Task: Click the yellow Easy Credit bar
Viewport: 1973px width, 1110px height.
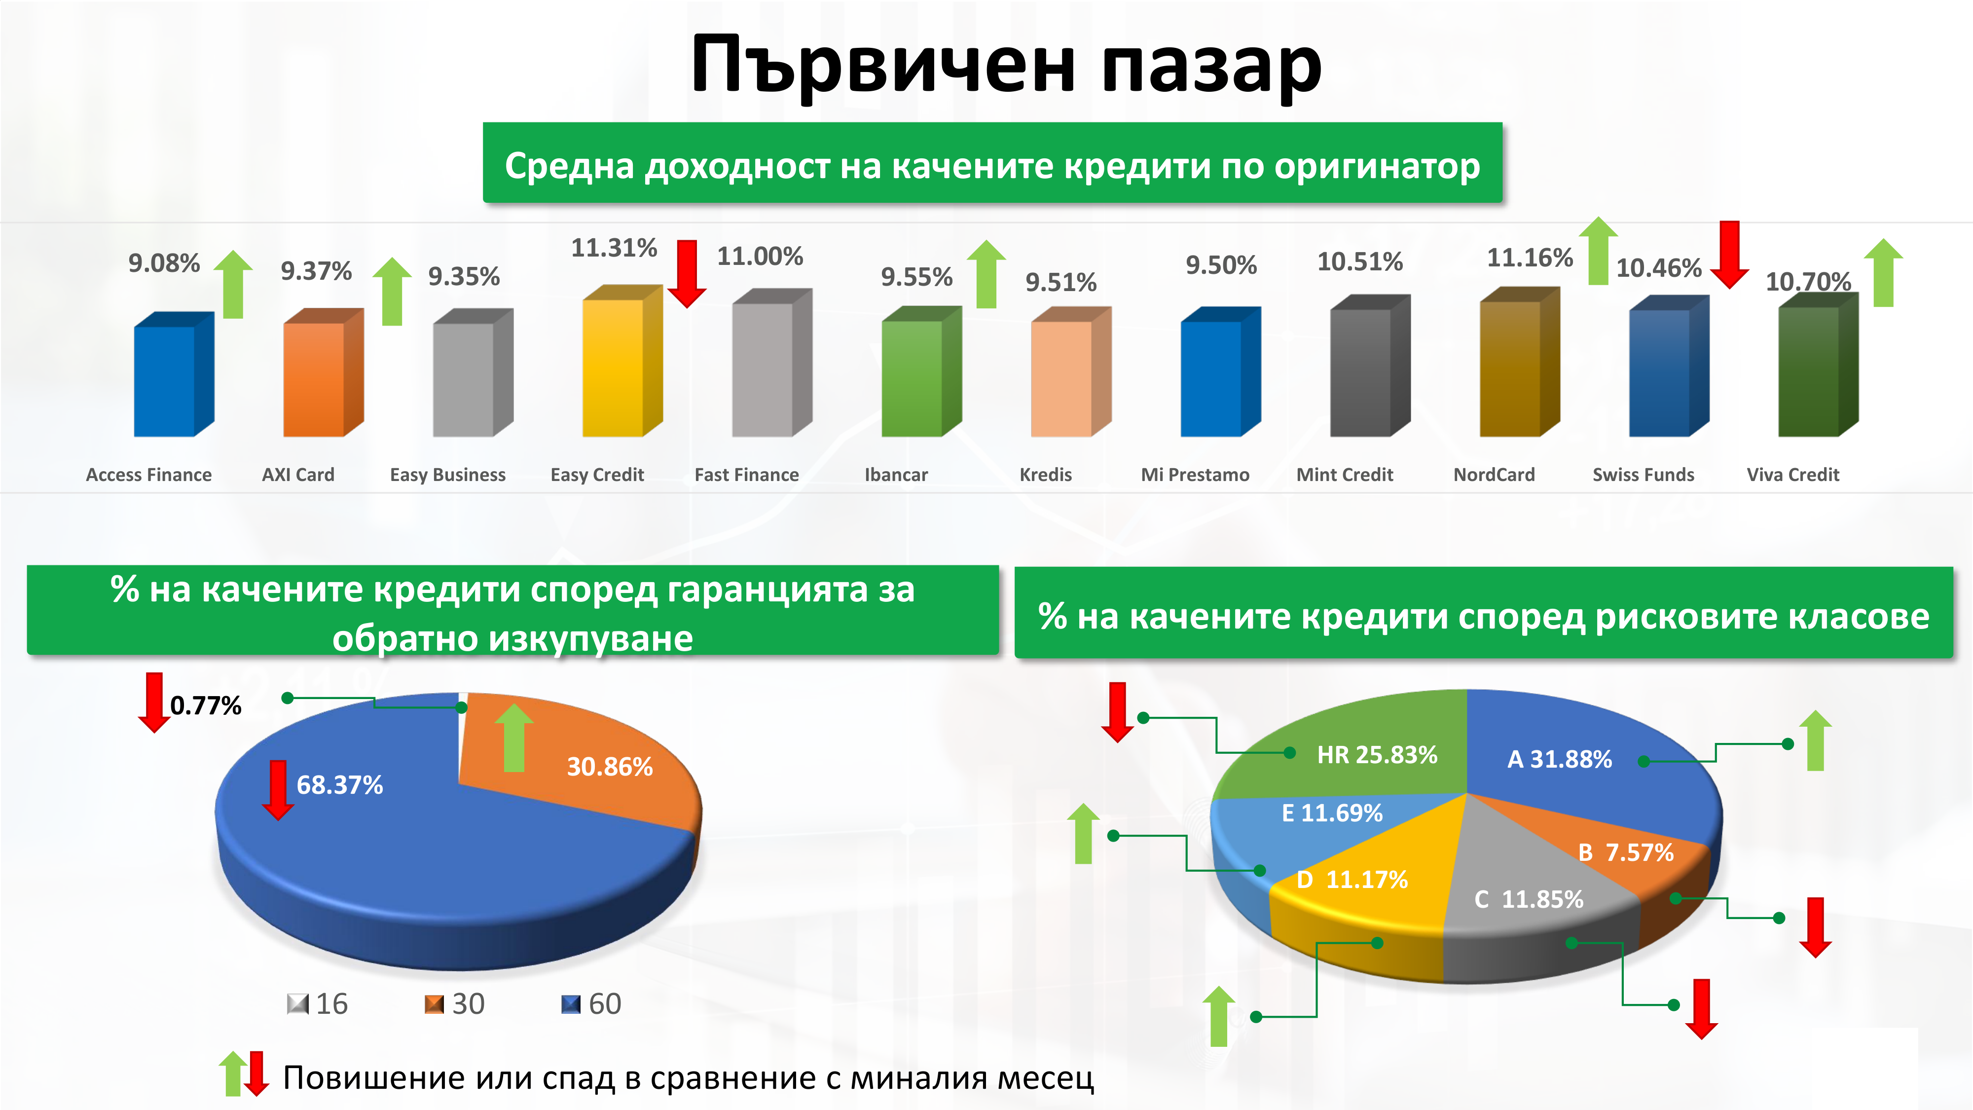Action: tap(622, 361)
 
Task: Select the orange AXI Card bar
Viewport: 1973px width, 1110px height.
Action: tap(323, 372)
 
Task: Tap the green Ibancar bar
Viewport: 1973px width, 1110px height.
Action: tap(921, 371)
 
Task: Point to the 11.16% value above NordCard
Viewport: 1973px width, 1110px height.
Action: tap(1530, 258)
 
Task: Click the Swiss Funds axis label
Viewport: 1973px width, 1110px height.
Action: tap(1644, 475)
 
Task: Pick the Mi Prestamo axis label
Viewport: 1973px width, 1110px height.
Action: tap(1195, 475)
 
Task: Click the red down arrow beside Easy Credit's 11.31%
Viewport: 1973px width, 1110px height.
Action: tap(687, 273)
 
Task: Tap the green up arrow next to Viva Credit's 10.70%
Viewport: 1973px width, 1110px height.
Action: tap(1883, 273)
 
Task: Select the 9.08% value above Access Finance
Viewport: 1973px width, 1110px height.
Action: tap(164, 263)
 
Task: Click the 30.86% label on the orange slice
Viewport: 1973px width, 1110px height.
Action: tap(610, 766)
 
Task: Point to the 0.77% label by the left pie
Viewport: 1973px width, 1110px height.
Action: tap(205, 705)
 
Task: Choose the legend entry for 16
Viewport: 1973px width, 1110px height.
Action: tap(317, 1003)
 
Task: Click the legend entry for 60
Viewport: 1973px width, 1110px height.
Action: tap(590, 1003)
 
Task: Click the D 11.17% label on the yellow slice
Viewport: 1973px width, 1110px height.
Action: tap(1352, 880)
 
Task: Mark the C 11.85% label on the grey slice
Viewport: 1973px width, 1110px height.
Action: tap(1529, 898)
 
